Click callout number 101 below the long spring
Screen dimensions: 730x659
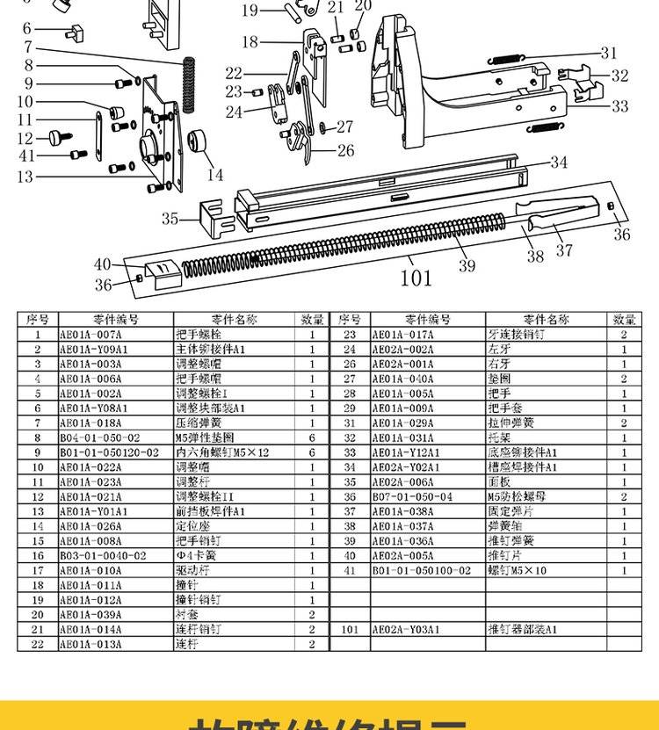coord(416,278)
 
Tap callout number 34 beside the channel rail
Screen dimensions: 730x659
coord(560,162)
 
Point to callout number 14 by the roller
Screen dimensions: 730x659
coord(215,175)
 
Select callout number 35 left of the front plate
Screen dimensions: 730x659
coord(170,218)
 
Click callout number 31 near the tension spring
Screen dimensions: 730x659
coord(609,53)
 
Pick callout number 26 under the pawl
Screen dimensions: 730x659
coord(346,150)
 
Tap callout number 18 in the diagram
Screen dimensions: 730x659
coord(250,41)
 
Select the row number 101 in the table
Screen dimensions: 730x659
coord(350,629)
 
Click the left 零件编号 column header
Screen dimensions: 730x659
coord(115,320)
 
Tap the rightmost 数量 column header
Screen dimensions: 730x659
coord(624,320)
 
